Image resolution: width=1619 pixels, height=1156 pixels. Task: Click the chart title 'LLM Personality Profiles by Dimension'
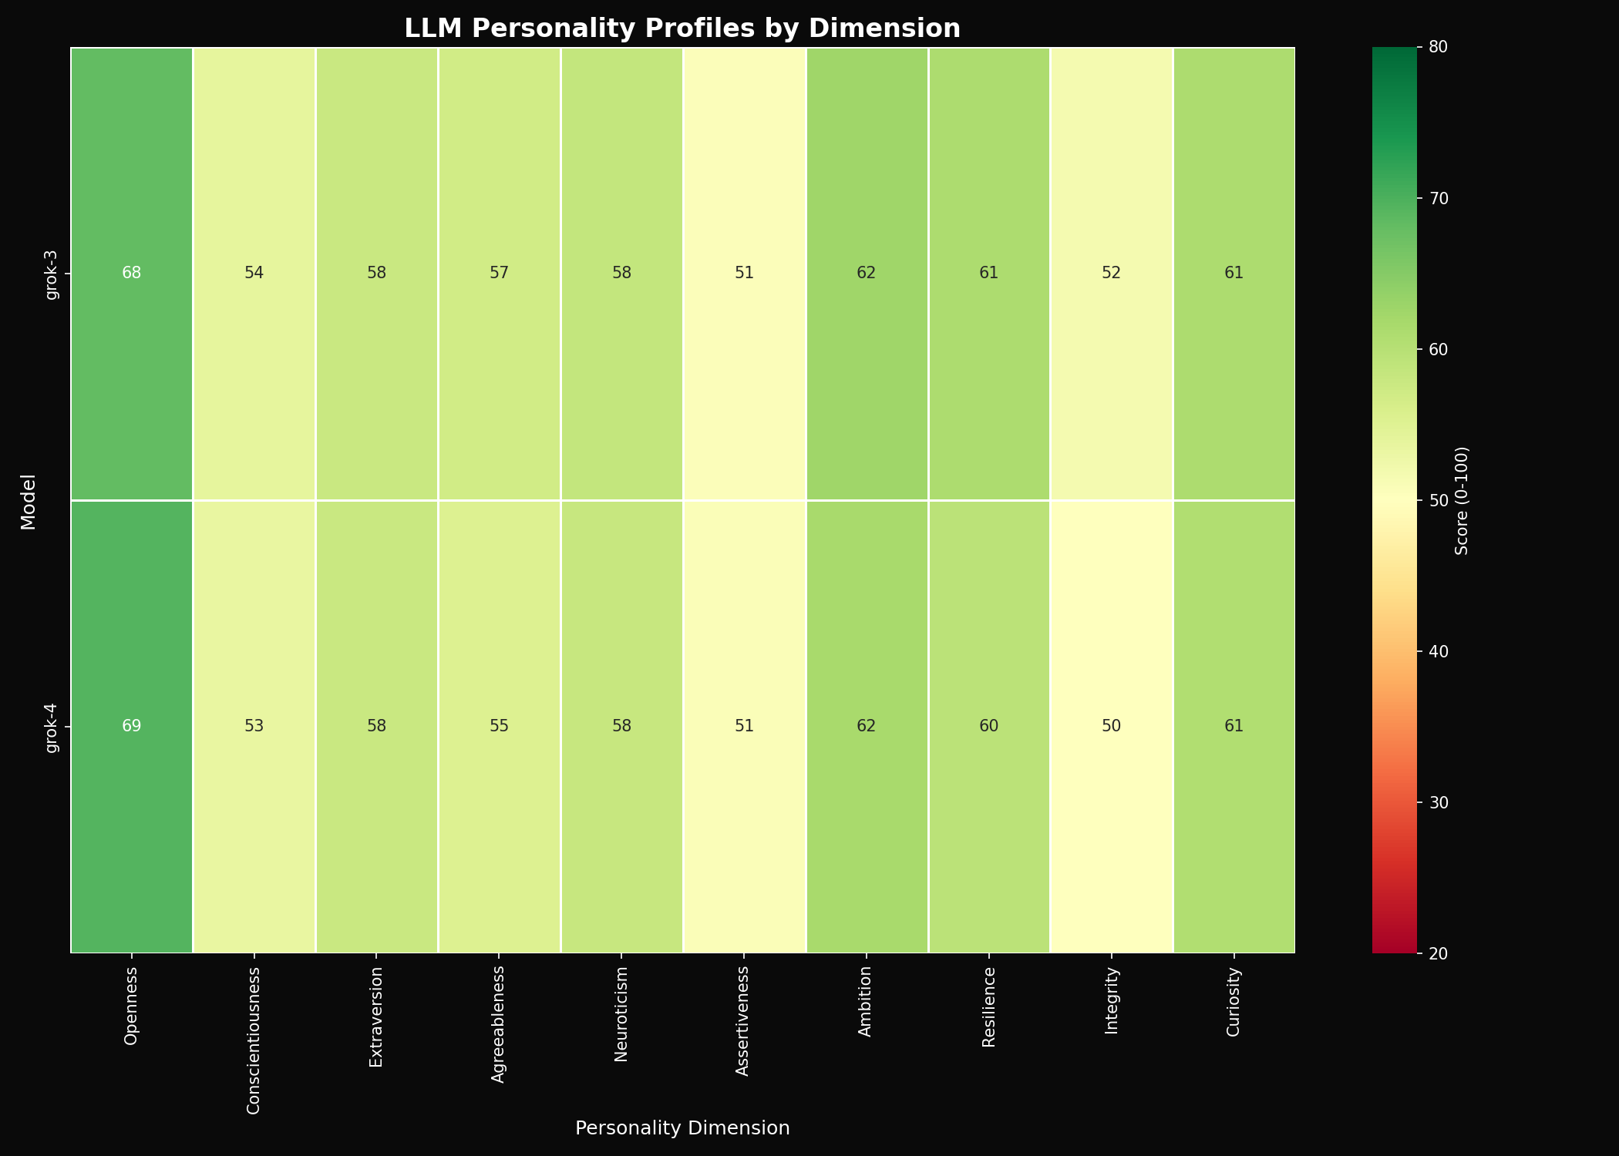pos(682,29)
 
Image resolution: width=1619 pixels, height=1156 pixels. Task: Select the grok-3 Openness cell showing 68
pos(132,274)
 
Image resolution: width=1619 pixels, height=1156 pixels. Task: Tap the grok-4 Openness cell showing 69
pos(132,727)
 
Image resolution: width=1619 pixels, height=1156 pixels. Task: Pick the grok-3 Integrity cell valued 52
pos(1112,274)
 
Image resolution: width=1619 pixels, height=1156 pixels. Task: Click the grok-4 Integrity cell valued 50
pos(1112,727)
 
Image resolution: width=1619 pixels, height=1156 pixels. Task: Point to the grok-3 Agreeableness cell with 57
pos(499,274)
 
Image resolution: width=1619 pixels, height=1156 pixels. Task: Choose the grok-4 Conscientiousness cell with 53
pos(254,727)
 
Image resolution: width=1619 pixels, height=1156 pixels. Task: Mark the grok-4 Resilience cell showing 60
pos(989,727)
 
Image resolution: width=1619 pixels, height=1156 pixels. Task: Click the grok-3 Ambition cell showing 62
pos(867,274)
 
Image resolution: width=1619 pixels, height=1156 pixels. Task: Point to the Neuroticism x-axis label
pos(621,1013)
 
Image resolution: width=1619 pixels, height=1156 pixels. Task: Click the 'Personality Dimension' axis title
pos(682,1128)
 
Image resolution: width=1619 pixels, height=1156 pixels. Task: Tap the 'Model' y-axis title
pos(29,500)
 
